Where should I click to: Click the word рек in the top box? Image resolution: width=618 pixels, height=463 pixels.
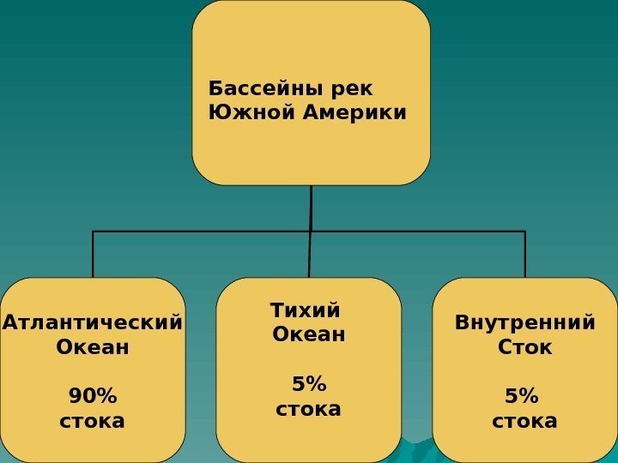point(356,89)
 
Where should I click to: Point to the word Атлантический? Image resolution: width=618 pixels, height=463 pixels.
point(93,323)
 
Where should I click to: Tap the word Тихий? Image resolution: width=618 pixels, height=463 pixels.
point(305,309)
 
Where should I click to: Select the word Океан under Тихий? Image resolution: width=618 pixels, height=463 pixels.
point(308,334)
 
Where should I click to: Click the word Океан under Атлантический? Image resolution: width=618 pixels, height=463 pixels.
point(92,347)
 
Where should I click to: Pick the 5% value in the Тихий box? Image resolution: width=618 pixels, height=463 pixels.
point(308,382)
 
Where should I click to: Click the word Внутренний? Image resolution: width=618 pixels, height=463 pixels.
point(524,323)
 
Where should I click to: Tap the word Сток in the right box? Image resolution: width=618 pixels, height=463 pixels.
point(524,347)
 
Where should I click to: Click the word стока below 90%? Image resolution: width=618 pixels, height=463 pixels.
point(92,421)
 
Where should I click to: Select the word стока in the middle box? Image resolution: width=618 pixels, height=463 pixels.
point(308,408)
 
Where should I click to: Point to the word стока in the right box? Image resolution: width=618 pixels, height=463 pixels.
point(524,421)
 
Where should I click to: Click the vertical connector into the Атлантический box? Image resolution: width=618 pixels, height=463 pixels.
point(93,255)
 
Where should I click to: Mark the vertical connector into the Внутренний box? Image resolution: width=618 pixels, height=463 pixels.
point(524,255)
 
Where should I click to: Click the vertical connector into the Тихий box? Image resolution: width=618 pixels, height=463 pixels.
point(310,255)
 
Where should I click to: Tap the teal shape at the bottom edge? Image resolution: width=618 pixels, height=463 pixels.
point(418,452)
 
